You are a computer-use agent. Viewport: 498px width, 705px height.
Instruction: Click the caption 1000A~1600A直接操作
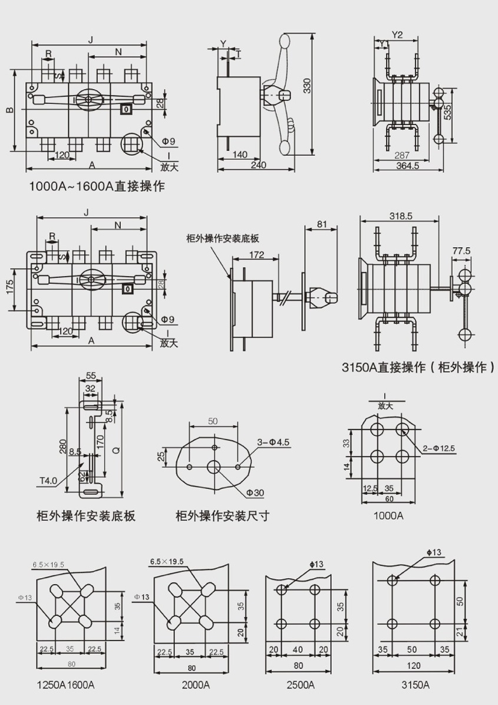[97, 187]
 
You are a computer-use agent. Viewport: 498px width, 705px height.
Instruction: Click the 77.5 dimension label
[461, 251]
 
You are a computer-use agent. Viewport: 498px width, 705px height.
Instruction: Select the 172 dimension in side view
[256, 255]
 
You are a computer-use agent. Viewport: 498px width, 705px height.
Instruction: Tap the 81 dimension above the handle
[322, 224]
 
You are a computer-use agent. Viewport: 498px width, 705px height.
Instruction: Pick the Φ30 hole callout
[255, 492]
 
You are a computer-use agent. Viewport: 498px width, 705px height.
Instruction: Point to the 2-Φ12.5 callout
[440, 449]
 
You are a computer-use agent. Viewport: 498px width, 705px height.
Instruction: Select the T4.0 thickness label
[48, 480]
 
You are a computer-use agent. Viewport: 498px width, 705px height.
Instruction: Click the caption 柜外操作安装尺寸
[222, 516]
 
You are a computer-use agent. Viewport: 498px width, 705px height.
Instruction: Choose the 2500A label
[300, 686]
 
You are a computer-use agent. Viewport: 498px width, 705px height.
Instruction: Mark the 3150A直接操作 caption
[418, 368]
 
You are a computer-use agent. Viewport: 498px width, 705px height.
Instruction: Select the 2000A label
[196, 686]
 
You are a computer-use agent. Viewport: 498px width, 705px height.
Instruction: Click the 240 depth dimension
[258, 166]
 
